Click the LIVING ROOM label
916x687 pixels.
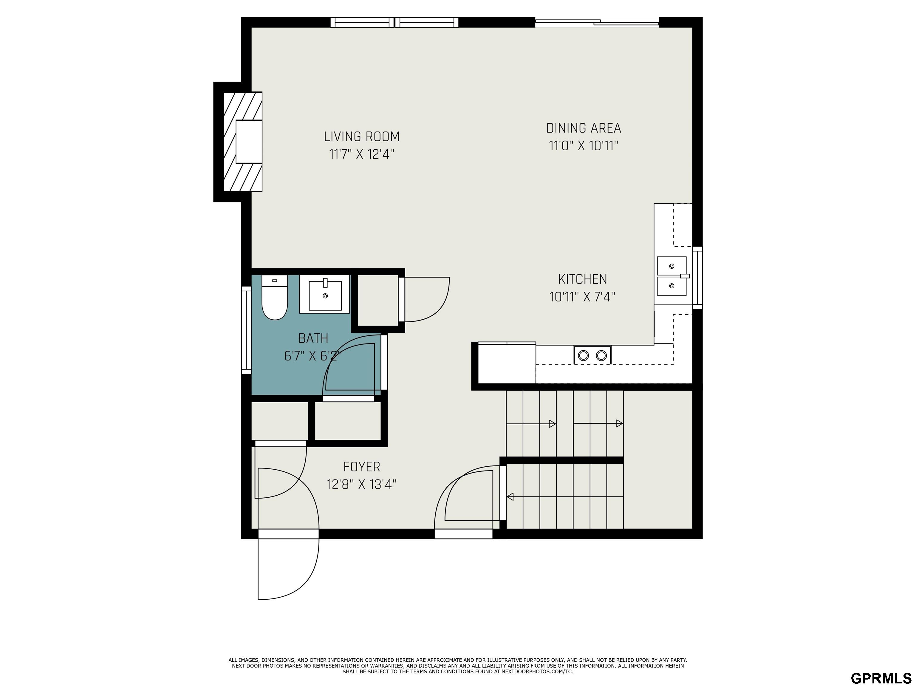tap(361, 136)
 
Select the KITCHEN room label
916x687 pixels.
tap(583, 279)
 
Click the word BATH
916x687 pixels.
tap(313, 338)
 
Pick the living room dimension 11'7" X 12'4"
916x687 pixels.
tap(361, 154)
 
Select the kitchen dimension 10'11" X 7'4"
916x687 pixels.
tap(582, 297)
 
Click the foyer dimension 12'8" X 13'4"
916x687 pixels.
tap(361, 485)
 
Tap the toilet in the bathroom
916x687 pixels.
tap(275, 297)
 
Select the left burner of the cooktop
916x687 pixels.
tap(584, 355)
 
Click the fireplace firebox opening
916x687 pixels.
tap(249, 142)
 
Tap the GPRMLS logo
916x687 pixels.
tap(881, 678)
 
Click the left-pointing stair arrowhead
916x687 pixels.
tap(510, 496)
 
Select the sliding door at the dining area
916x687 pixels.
tap(597, 22)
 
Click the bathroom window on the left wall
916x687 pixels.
tap(246, 330)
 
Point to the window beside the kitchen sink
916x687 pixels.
tap(697, 277)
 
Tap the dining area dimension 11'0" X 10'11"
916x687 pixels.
tap(584, 146)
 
